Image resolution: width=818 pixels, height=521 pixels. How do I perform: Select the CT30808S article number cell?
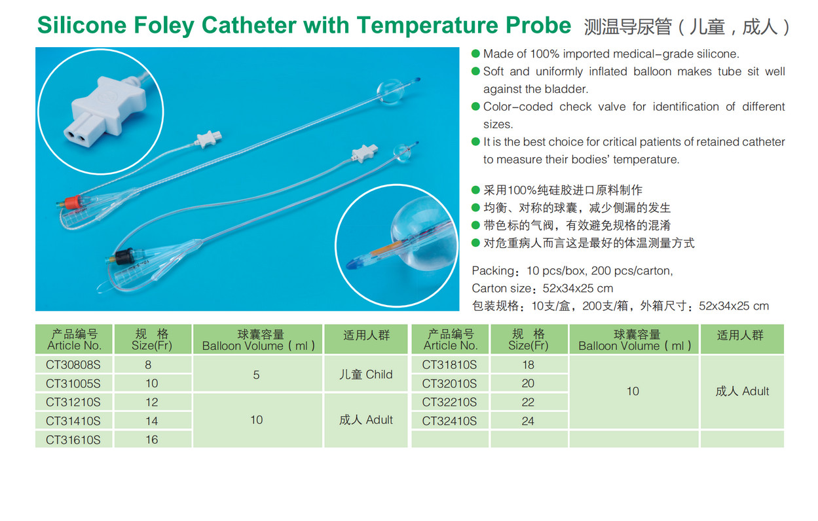[x=73, y=365]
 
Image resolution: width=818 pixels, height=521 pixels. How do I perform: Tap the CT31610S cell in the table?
[x=73, y=440]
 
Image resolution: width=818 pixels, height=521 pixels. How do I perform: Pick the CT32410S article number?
[x=449, y=421]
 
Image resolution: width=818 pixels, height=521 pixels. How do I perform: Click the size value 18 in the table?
[x=528, y=365]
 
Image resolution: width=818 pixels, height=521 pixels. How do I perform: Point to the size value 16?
[x=152, y=440]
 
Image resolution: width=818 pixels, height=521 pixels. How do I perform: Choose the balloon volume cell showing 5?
[x=257, y=374]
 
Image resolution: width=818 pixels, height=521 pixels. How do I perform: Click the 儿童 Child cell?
[x=366, y=374]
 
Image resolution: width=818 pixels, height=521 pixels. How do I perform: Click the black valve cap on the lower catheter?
[x=124, y=256]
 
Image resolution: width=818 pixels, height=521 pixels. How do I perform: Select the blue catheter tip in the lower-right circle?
[x=354, y=263]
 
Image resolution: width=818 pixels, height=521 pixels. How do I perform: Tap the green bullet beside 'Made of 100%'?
[x=475, y=54]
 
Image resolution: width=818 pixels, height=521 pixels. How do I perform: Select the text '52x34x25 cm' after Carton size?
[x=578, y=288]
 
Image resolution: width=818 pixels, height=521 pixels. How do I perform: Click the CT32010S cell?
[x=449, y=384]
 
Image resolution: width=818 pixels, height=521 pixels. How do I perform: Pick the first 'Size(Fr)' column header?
[x=152, y=346]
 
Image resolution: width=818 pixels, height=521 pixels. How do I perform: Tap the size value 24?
[x=528, y=421]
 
